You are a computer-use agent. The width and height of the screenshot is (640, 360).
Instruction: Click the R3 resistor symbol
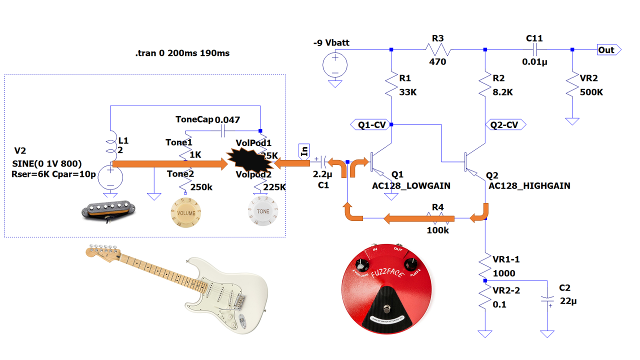click(x=438, y=49)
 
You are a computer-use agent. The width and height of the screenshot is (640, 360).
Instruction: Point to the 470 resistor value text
click(x=437, y=62)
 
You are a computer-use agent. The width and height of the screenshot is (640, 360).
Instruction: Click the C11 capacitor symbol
click(x=534, y=49)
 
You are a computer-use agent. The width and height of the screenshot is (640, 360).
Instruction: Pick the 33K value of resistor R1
click(x=408, y=92)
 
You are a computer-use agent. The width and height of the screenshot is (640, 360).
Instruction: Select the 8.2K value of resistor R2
click(x=502, y=92)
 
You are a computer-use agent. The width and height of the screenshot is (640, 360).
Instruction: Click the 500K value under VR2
click(x=591, y=92)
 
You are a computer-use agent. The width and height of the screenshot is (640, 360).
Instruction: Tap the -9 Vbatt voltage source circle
click(x=334, y=64)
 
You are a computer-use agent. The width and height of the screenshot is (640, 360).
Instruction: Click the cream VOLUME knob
click(x=185, y=213)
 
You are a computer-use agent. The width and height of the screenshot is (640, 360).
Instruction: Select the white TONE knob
click(x=262, y=211)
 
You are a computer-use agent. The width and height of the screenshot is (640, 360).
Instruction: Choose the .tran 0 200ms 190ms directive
click(x=182, y=53)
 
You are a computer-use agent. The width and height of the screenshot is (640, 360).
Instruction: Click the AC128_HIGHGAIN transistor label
click(x=529, y=185)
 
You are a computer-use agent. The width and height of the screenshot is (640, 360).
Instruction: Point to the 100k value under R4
click(x=437, y=230)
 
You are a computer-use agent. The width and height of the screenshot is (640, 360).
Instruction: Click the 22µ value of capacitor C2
click(x=568, y=301)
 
